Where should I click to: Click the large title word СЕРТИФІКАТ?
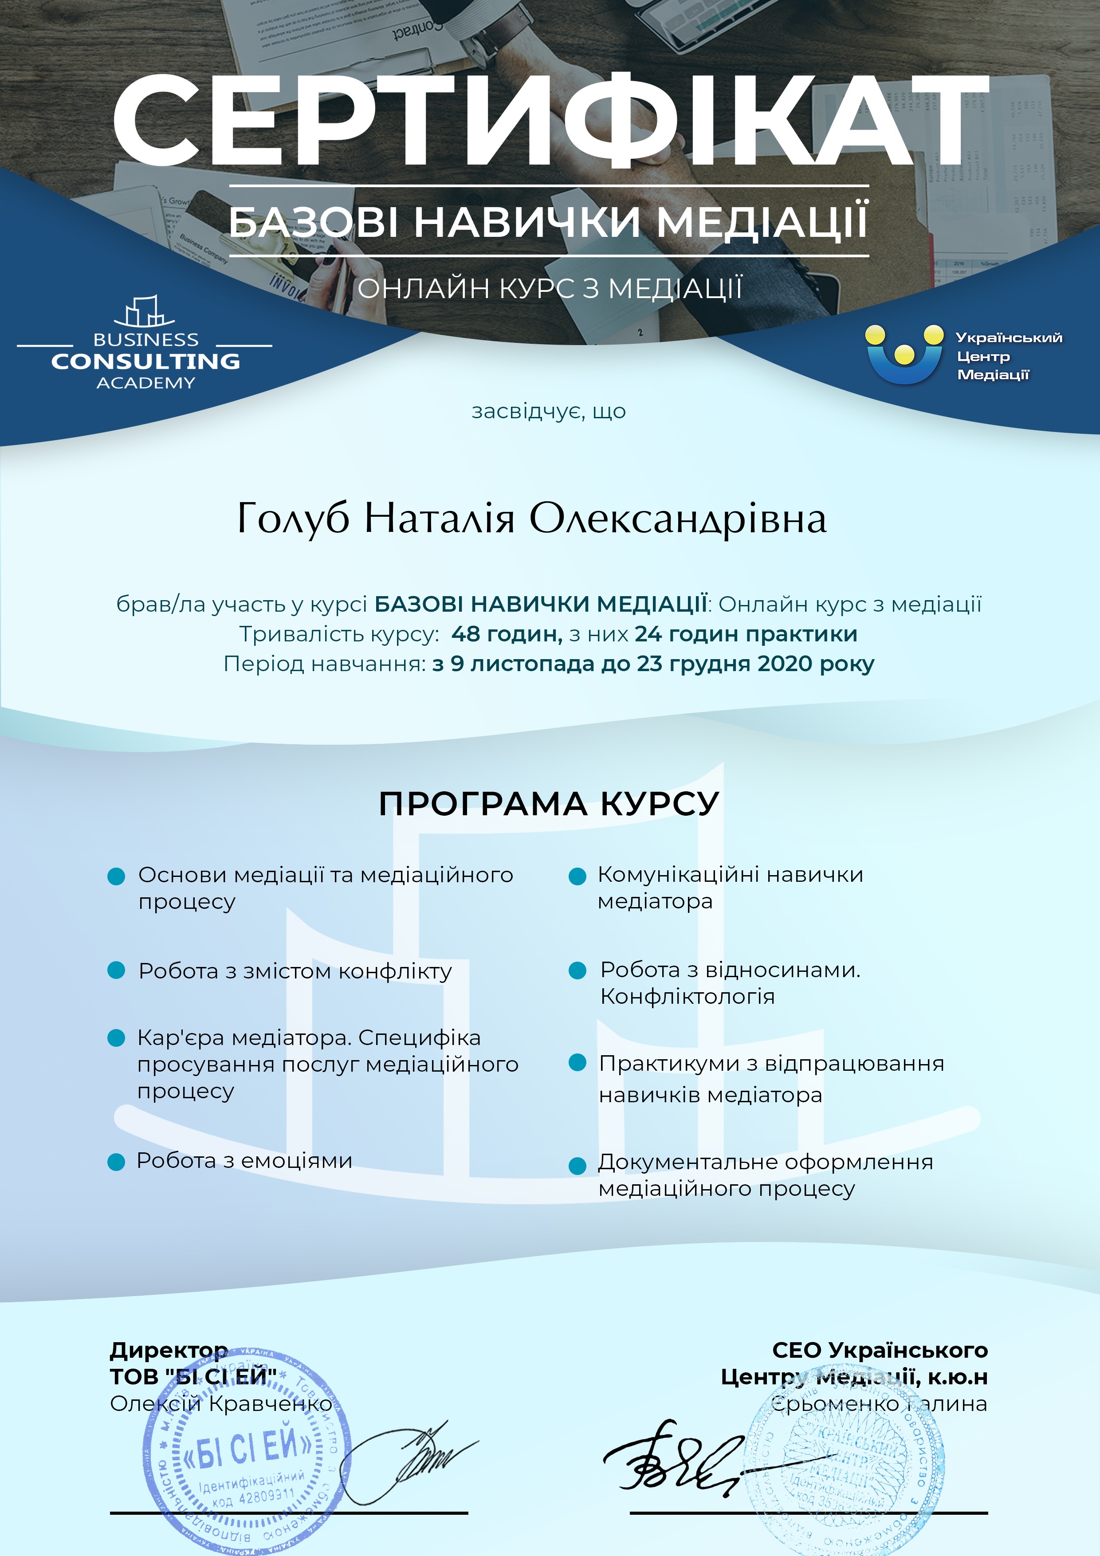point(549,121)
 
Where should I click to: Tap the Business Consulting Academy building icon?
point(144,312)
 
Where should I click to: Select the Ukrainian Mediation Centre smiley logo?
point(904,354)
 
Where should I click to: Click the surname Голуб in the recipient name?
point(293,519)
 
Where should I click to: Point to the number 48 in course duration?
point(466,634)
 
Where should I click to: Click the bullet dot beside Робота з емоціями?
point(117,1162)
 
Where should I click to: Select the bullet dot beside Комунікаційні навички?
point(577,876)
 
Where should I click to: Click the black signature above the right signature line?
point(678,1461)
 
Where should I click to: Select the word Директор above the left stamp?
point(169,1350)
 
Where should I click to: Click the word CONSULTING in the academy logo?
point(146,361)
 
